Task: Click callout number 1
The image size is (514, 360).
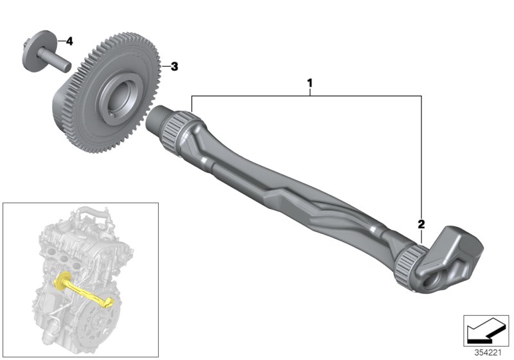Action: click(310, 83)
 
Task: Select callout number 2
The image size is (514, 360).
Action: click(421, 224)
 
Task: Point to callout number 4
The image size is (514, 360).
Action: click(69, 41)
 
